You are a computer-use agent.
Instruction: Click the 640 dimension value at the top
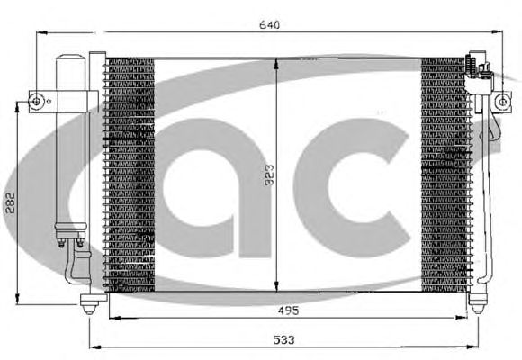point(269,25)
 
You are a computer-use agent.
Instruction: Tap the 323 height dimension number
point(269,175)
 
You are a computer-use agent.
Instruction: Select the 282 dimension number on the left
point(10,203)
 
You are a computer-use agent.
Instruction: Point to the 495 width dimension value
point(288,310)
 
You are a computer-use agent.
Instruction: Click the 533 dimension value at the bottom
point(284,339)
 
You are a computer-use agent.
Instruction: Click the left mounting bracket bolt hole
point(36,101)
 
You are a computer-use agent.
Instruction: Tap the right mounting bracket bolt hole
point(502,102)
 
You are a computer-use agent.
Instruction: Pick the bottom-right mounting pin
point(477,303)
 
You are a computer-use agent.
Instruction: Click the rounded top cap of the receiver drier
point(69,58)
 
